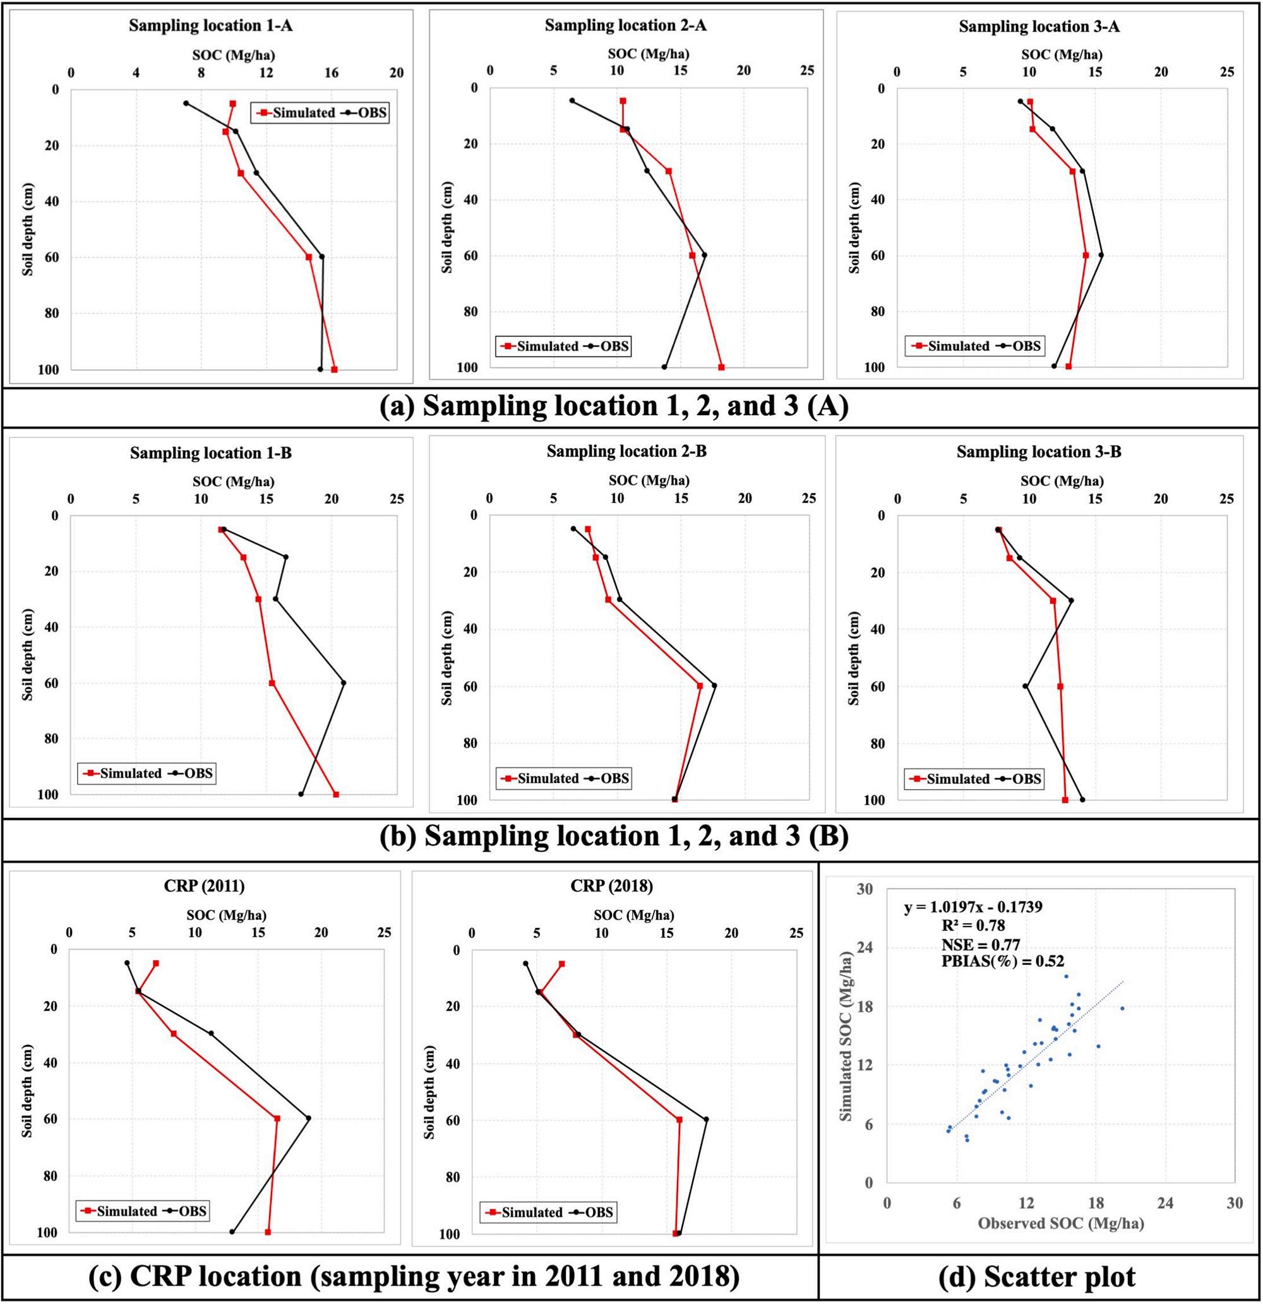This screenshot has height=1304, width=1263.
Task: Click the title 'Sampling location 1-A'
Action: (x=210, y=26)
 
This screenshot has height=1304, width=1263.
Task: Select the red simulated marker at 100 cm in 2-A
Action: (x=721, y=367)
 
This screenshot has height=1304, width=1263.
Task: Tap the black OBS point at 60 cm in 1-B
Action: (x=344, y=682)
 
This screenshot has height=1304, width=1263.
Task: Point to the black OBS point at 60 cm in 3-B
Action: (x=1026, y=686)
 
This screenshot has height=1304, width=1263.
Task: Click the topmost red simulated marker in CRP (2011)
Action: (x=156, y=963)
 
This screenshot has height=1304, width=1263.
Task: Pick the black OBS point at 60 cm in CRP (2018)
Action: (x=707, y=1119)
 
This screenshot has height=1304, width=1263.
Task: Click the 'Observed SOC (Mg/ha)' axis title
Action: (x=1060, y=1223)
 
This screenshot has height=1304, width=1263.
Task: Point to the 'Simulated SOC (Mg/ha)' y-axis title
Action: (x=846, y=1046)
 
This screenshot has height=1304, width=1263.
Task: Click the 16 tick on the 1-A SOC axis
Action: (x=332, y=73)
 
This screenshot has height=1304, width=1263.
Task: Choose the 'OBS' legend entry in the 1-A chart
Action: (x=371, y=112)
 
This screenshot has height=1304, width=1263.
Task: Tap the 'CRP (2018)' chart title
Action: (x=611, y=886)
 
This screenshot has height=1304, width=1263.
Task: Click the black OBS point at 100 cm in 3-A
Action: (x=1054, y=366)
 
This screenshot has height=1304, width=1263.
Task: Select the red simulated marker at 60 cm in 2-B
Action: (x=700, y=686)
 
